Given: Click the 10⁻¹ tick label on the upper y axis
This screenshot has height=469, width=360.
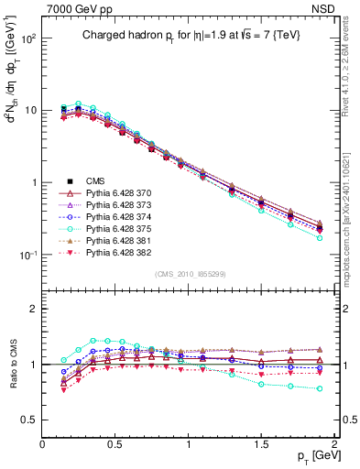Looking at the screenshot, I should pos(26,255).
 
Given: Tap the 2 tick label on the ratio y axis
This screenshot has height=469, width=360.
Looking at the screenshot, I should pos(32,309).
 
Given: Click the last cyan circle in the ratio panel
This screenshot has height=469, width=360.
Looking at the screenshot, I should pos(320,388).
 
